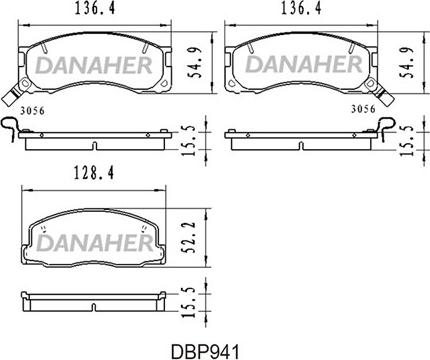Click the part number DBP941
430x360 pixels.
coord(205,351)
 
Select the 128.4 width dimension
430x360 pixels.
coord(94,174)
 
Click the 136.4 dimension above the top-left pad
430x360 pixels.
coord(95,8)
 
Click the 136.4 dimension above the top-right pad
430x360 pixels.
coord(301,8)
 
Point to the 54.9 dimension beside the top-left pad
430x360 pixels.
coord(195,63)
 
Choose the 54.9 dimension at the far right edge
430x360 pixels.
coord(406,63)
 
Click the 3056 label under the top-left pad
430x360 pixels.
coord(32,111)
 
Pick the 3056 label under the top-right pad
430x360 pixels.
coord(363,109)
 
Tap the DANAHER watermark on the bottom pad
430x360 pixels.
coord(94,243)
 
